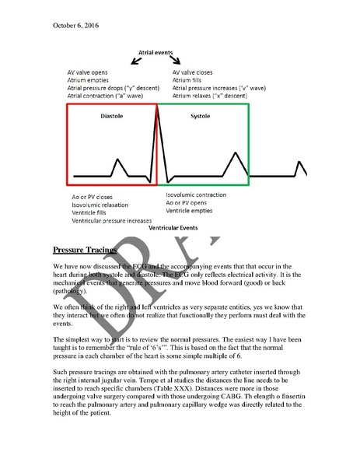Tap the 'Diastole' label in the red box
[112, 116]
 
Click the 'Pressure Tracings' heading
[85, 250]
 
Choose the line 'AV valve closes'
[197, 68]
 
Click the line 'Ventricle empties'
[191, 210]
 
